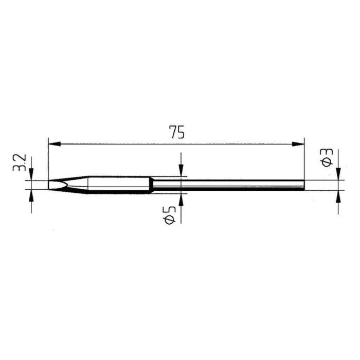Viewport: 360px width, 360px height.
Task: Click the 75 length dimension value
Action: point(176,132)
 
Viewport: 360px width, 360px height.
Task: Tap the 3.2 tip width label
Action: point(20,163)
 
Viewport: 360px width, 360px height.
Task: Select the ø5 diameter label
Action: point(169,214)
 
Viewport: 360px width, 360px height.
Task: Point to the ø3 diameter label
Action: point(326,157)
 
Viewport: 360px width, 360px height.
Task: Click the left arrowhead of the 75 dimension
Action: point(55,144)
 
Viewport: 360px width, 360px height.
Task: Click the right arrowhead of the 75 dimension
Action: point(298,144)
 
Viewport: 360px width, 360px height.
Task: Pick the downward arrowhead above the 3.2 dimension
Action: point(31,174)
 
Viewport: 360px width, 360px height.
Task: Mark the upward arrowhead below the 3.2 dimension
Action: point(31,195)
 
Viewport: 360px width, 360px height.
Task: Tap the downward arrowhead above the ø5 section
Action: point(181,170)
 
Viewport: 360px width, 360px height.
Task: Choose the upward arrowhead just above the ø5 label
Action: point(181,200)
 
